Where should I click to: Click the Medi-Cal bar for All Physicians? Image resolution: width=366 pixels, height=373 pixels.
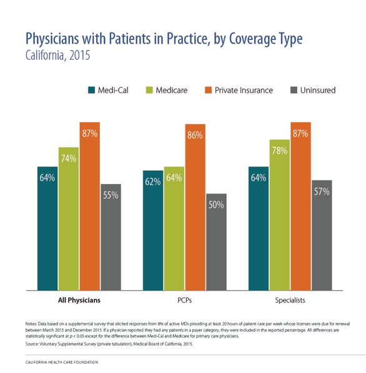[x=47, y=228]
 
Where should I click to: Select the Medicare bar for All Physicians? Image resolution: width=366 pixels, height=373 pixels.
[x=69, y=218]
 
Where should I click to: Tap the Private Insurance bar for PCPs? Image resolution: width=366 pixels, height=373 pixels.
[x=195, y=206]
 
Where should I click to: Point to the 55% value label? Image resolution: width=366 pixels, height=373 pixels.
[x=111, y=195]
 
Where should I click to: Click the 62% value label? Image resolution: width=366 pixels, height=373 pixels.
[x=153, y=182]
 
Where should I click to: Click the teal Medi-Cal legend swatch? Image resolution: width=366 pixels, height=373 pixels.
[x=91, y=90]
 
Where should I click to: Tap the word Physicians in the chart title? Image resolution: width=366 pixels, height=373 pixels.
[x=59, y=39]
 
